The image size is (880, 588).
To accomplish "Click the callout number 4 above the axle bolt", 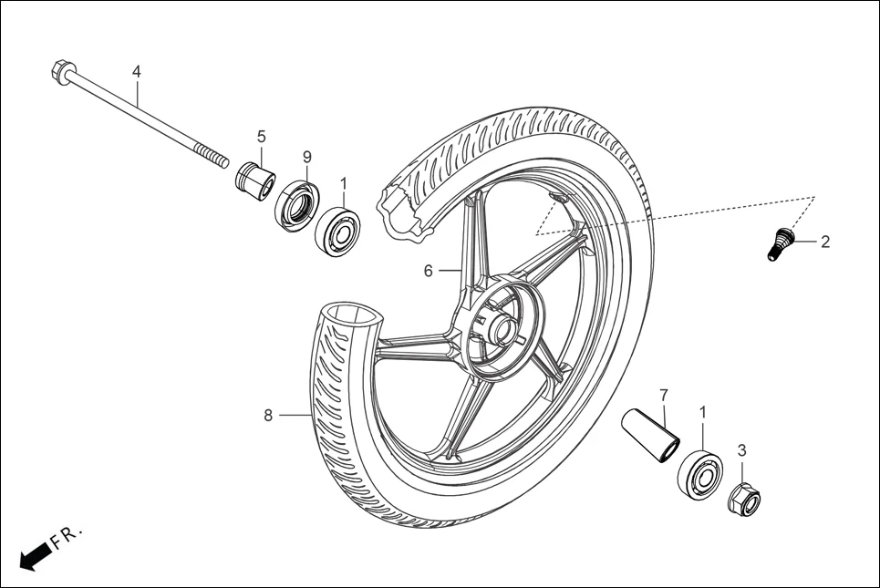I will [137, 71].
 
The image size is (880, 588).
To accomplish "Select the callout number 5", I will [261, 136].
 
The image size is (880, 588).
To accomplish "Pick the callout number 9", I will [306, 157].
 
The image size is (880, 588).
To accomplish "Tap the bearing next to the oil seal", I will [337, 231].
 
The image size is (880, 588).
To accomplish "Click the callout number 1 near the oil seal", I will [344, 183].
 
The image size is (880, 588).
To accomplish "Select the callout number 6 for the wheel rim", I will [427, 271].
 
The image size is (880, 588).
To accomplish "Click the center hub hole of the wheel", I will [502, 325].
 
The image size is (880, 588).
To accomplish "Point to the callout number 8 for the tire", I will [268, 416].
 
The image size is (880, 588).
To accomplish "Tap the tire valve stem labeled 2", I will [777, 244].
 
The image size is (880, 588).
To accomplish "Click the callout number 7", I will [663, 395].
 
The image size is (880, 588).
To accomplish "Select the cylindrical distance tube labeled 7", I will [650, 429].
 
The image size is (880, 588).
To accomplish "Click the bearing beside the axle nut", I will [700, 471].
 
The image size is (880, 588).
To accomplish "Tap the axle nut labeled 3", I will [743, 498].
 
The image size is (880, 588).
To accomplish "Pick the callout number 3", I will [741, 449].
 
